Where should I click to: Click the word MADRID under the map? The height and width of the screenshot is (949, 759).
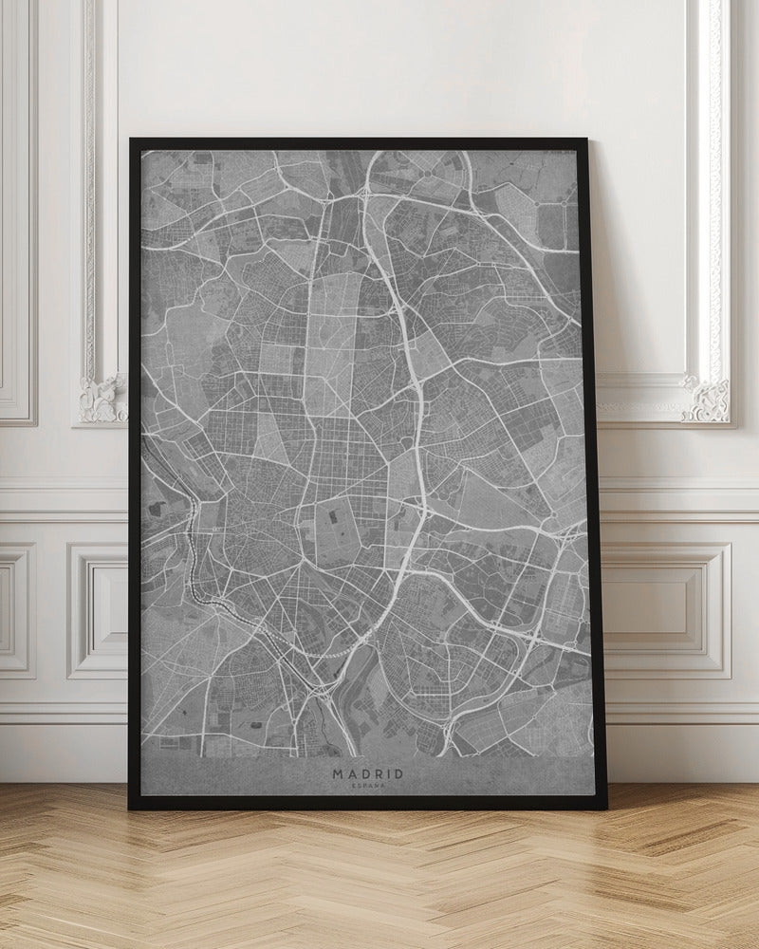click(x=367, y=773)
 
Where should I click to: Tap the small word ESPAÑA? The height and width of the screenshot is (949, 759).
click(x=367, y=788)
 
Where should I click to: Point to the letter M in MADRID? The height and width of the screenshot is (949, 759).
click(x=337, y=773)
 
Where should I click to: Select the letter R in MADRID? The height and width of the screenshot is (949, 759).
click(x=379, y=773)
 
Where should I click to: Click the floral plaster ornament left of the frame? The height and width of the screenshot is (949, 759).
click(x=102, y=399)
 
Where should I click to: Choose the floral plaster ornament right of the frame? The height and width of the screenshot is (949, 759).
click(x=707, y=399)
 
